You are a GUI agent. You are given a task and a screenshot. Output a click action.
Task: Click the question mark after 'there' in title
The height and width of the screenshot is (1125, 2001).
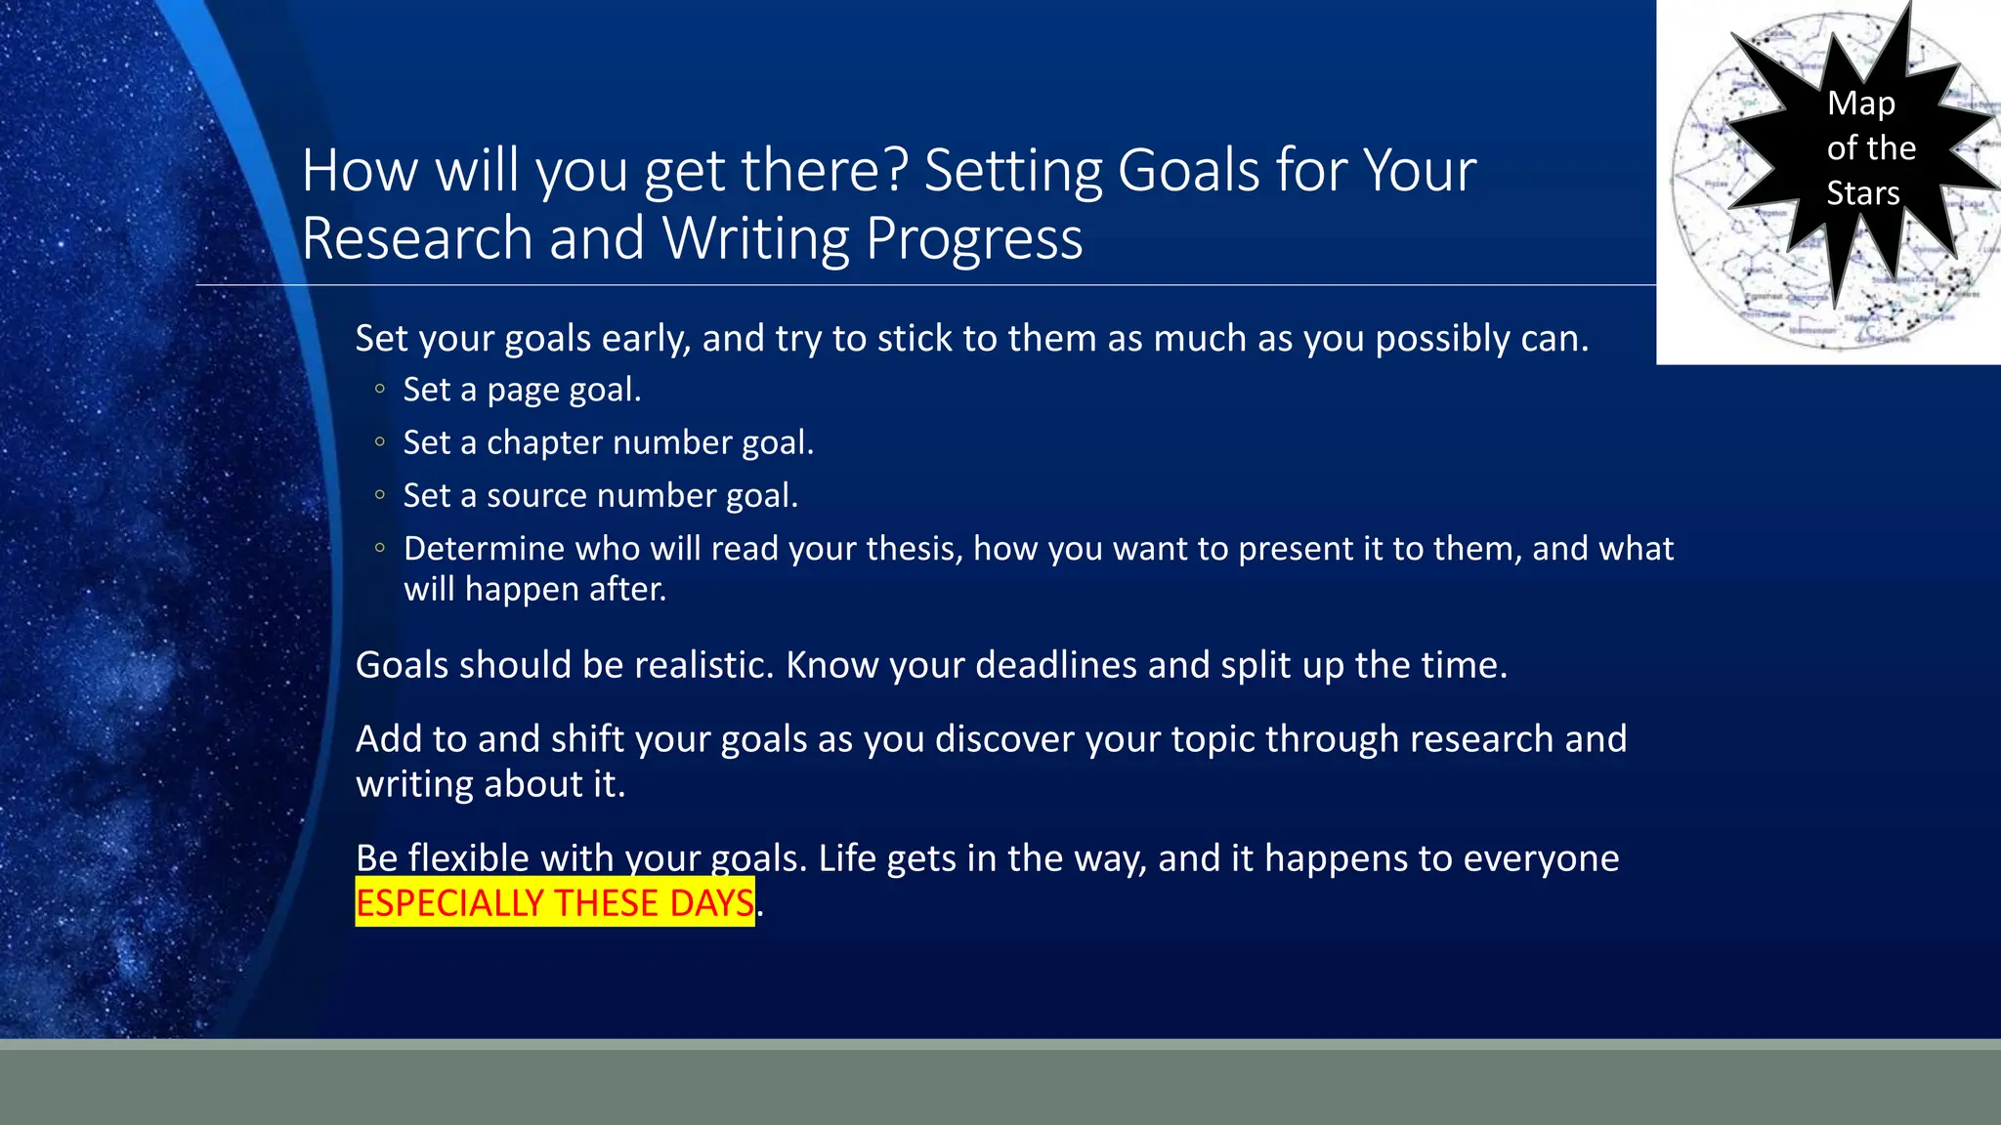click(x=899, y=171)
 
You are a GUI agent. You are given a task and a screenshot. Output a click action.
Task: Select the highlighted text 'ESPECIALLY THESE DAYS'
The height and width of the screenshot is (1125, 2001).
click(x=554, y=902)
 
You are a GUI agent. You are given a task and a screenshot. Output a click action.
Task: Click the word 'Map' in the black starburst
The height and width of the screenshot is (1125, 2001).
click(x=1860, y=104)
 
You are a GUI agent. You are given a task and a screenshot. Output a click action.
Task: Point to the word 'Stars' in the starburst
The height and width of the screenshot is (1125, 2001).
click(x=1862, y=193)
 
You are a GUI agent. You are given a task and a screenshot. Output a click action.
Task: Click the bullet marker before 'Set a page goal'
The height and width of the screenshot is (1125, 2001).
click(x=380, y=390)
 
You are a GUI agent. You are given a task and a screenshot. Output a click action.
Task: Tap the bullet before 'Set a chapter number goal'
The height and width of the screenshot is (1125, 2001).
click(x=380, y=442)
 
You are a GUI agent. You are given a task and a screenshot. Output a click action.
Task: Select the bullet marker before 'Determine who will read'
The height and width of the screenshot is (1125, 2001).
click(x=380, y=548)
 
